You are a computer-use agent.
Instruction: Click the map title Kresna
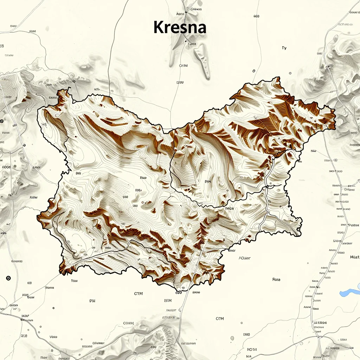180,27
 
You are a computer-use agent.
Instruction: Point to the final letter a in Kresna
201,28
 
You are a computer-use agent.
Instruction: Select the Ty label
284,48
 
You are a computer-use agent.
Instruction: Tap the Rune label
276,280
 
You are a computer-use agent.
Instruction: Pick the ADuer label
245,258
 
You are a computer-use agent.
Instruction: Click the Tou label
74,281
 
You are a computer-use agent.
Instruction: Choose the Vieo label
53,337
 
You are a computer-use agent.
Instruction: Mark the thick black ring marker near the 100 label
8,278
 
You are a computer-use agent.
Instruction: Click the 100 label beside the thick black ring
30,283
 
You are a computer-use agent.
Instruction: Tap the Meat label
354,257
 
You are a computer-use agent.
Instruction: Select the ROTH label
252,349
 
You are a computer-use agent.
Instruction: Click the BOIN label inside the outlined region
208,182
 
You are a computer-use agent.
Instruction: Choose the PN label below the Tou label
92,301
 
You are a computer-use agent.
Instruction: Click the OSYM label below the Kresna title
184,66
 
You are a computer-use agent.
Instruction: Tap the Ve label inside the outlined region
44,124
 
